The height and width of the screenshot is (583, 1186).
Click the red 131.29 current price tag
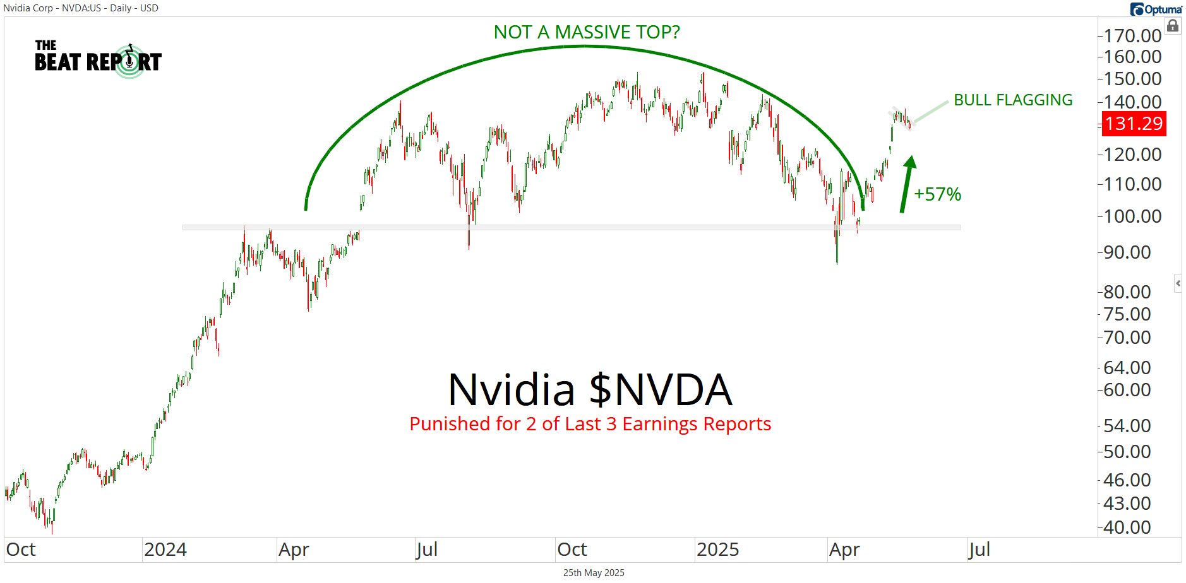[x=1134, y=124]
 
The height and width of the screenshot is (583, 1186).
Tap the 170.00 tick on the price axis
[x=1132, y=36]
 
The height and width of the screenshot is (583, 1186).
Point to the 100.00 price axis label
[x=1132, y=216]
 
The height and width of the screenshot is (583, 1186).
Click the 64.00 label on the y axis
[x=1127, y=368]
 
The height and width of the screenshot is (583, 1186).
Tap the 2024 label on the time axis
[x=165, y=550]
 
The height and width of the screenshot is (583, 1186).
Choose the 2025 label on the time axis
[x=717, y=550]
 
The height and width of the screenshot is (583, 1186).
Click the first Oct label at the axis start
[x=21, y=550]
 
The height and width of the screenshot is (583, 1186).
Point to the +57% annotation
[x=938, y=194]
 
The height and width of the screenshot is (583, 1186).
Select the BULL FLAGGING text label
[x=1013, y=100]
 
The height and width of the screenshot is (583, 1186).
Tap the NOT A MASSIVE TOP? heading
[x=587, y=32]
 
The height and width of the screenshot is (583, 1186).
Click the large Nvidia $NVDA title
[x=590, y=390]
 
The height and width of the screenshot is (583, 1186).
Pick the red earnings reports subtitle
[x=590, y=424]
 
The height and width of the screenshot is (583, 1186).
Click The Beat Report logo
[x=98, y=59]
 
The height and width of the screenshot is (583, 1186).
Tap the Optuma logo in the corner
[x=1156, y=9]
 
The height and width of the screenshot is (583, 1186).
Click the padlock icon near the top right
[x=1173, y=26]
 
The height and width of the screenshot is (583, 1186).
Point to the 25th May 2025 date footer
[x=594, y=573]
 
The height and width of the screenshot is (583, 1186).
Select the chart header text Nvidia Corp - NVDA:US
[x=81, y=8]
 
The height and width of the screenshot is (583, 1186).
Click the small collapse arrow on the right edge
[x=1178, y=283]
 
